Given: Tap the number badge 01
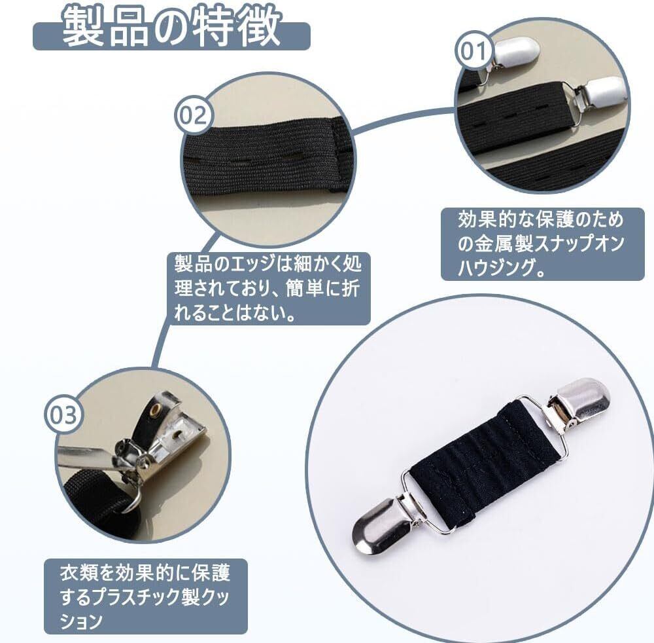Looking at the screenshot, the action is [474, 52].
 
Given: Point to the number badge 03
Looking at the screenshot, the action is [64, 414].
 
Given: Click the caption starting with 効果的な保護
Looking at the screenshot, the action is [542, 244].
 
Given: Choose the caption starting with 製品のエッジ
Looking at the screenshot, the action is [267, 289].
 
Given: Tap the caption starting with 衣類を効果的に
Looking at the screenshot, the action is [145, 597].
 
